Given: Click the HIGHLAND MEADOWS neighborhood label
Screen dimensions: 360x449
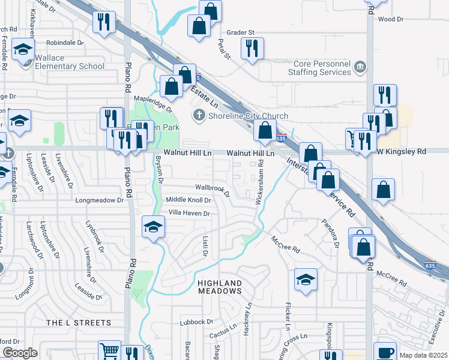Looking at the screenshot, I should [220, 287].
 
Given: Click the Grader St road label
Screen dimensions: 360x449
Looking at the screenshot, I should [241, 32].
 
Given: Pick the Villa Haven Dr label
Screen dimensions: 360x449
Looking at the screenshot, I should [188, 213].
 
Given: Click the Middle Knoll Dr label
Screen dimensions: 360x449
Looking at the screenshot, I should [188, 200].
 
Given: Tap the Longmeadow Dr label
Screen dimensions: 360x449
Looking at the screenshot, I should [103, 200].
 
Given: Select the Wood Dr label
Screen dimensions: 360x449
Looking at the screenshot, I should [391, 19].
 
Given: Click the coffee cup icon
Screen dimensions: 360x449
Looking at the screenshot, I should [385, 352].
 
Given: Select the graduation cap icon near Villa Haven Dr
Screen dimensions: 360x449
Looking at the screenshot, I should [154, 227].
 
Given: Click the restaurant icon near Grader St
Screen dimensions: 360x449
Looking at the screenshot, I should [252, 47].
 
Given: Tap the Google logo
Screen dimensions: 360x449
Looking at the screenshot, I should [20, 353].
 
